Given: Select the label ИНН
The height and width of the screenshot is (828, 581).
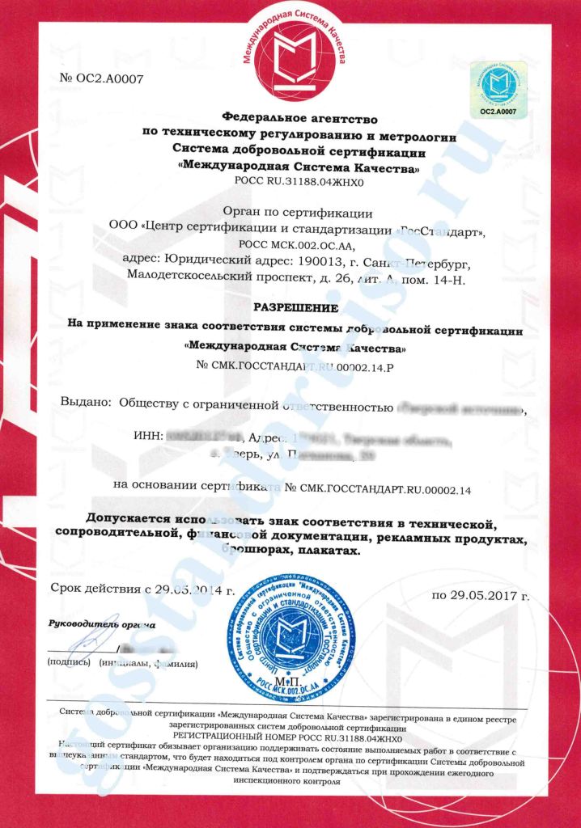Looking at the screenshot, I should [x=147, y=437].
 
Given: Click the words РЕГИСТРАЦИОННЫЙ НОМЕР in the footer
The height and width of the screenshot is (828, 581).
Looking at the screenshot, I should [x=242, y=737].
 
